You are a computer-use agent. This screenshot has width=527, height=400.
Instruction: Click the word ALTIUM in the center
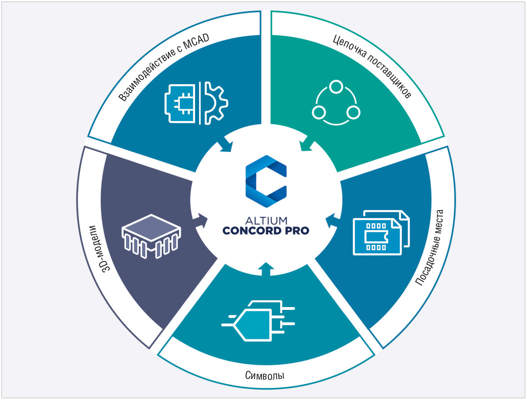[x=266, y=220]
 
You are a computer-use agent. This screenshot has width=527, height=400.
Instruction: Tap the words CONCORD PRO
[x=266, y=231]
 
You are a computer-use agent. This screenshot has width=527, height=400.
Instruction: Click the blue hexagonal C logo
[x=266, y=181]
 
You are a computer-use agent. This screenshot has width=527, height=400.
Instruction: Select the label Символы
[x=265, y=375]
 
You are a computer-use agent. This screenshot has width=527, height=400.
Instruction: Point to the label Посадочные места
[x=430, y=248]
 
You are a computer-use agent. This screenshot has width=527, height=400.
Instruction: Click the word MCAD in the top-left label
[x=197, y=42]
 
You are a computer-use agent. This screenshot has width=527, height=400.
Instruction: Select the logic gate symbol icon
[x=257, y=321]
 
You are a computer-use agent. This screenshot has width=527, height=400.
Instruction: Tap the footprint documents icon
[x=381, y=232]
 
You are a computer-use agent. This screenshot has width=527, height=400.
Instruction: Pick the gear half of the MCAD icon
[x=216, y=103]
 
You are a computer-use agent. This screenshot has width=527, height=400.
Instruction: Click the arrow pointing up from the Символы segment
[x=266, y=269]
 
